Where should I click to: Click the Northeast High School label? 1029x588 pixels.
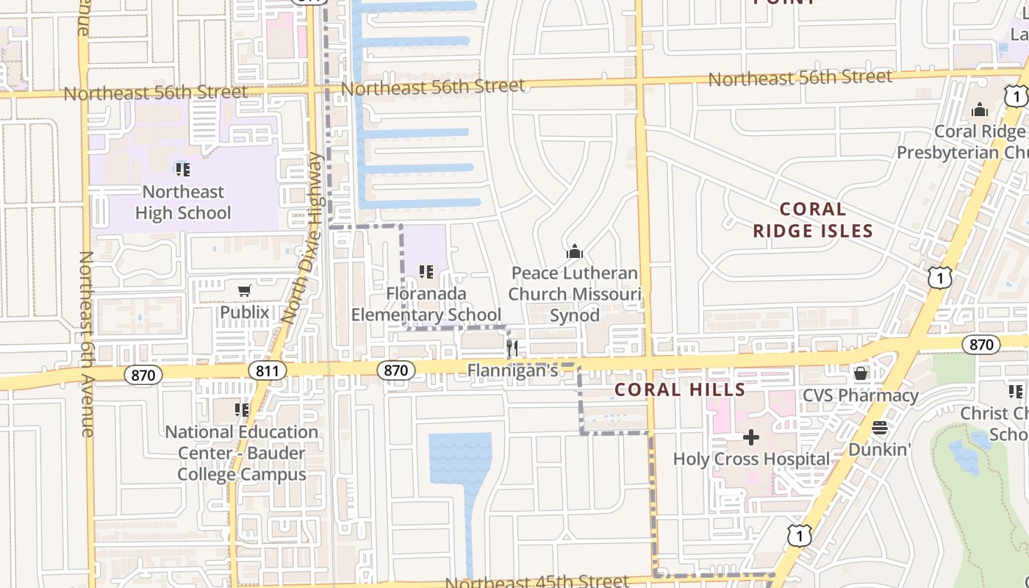[x=183, y=202]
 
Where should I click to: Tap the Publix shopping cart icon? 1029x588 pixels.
[x=245, y=291]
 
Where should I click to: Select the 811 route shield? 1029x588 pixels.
[x=268, y=371]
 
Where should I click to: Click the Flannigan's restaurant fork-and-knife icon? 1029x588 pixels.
[x=512, y=348]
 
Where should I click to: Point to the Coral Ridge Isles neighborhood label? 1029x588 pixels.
[x=812, y=220]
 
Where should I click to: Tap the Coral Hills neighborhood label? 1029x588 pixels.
[x=680, y=390]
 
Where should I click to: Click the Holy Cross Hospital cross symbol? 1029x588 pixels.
[x=750, y=438]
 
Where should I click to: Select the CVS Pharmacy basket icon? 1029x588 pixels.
[x=861, y=373]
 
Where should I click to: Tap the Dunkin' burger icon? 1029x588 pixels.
[x=880, y=428]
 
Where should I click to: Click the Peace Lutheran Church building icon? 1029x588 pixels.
[x=575, y=252]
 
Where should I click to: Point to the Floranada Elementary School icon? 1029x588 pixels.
[x=426, y=272]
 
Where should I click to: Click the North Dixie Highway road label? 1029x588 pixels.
[x=303, y=239]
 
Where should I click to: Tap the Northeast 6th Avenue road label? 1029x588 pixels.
[x=86, y=344]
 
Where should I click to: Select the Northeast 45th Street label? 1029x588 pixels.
[x=537, y=581]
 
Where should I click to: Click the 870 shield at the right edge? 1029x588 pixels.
[x=981, y=345]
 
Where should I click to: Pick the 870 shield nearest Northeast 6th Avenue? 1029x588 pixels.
[x=143, y=375]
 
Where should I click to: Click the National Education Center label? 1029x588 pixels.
[x=242, y=453]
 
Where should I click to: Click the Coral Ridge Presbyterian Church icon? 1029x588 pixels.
[x=979, y=110]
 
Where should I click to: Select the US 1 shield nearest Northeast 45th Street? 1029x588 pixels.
[x=799, y=537]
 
